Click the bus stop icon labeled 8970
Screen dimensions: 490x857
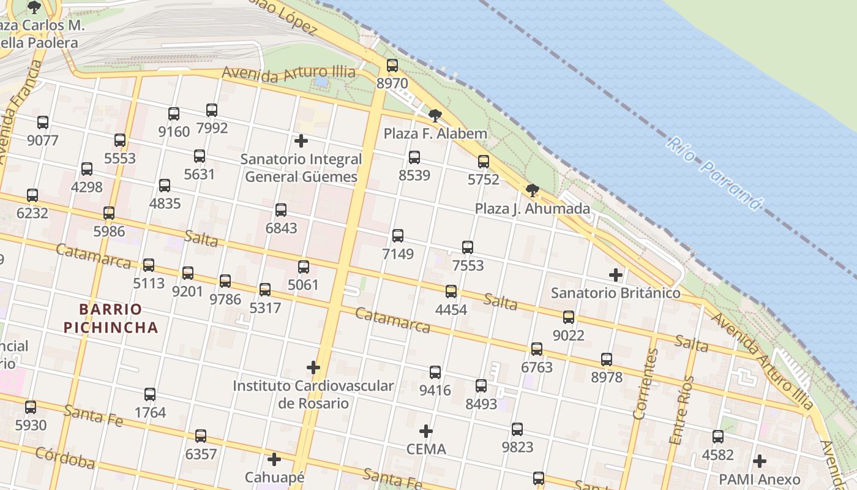click(392, 66)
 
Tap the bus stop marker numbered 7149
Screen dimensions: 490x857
click(398, 236)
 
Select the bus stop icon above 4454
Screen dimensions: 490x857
click(451, 292)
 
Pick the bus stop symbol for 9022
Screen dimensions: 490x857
click(569, 317)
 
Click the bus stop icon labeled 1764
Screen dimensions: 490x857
click(150, 394)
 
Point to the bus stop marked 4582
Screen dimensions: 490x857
click(718, 437)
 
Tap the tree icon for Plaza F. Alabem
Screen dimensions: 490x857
click(435, 115)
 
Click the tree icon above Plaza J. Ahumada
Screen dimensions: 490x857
click(533, 190)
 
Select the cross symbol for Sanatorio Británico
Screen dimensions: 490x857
click(616, 275)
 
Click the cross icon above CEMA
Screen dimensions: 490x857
click(426, 431)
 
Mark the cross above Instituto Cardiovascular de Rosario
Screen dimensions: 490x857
click(313, 367)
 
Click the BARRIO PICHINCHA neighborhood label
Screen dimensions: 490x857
click(111, 318)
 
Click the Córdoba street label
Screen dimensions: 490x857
click(65, 458)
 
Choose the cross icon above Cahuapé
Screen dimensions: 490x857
click(274, 459)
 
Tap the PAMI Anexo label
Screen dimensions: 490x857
click(759, 479)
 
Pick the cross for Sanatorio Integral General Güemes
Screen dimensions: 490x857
click(301, 141)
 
